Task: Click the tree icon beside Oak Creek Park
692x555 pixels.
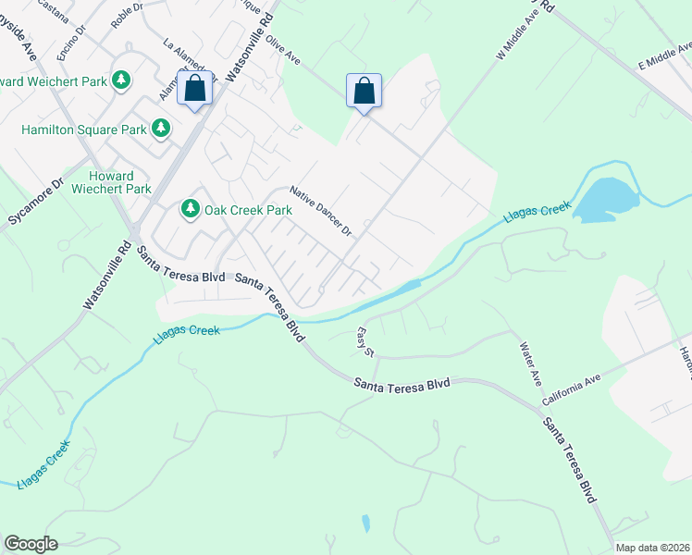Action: [191, 209]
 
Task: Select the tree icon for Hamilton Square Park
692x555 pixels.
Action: [161, 128]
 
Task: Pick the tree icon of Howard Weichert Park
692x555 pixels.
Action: [120, 80]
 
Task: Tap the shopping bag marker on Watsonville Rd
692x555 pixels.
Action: [195, 90]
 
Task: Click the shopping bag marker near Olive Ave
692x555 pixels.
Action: [365, 91]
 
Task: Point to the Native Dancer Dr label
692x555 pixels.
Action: [321, 211]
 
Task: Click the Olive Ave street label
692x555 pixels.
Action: [283, 51]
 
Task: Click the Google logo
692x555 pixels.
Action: [31, 544]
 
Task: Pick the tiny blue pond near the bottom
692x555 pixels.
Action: [366, 524]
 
